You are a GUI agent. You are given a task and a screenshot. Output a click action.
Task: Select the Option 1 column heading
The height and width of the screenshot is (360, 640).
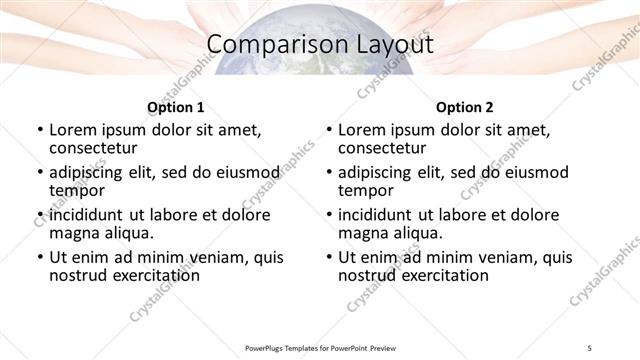[175, 107]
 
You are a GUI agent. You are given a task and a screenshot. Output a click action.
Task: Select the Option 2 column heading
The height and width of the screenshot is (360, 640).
[464, 107]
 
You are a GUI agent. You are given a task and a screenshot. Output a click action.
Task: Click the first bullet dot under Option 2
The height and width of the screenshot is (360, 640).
[329, 131]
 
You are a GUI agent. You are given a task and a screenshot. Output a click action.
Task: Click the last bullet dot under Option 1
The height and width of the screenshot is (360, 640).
[40, 258]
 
